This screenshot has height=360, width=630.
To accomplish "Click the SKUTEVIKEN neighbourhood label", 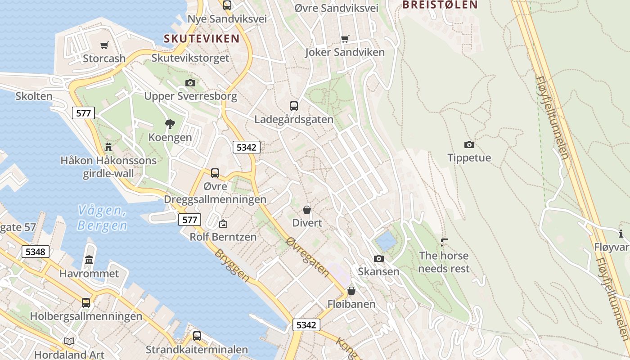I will pos(202,39).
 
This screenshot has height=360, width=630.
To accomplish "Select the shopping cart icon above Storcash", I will pos(104,45).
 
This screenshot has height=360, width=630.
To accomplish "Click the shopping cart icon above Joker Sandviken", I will pos(345,39).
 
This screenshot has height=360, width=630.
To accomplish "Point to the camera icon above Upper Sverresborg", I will pos(190,83).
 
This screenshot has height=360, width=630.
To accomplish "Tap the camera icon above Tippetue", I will pos(469,144).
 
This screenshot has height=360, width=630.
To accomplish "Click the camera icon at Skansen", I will pos(379,258).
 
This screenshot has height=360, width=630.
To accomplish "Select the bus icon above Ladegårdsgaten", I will pos(294,106).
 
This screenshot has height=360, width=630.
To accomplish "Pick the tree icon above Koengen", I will pos(170,124).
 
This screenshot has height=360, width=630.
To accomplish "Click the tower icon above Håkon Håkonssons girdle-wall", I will pos(108,147).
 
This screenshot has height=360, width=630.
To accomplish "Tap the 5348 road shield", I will pos(36,252).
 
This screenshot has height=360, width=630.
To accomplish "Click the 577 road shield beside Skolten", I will pos(84,113).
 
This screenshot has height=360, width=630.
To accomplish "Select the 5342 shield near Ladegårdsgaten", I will pos(246,147).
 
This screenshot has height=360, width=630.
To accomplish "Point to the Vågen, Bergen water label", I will pos(102,217).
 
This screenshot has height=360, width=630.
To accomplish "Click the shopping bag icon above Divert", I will pos(307,210).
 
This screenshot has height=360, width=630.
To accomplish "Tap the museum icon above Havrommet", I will pos(89,260).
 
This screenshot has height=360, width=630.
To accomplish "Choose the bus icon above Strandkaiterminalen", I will pos(197,336).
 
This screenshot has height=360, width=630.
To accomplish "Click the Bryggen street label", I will pos(232,265).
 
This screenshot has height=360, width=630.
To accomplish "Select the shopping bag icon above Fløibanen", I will pos(351,291).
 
